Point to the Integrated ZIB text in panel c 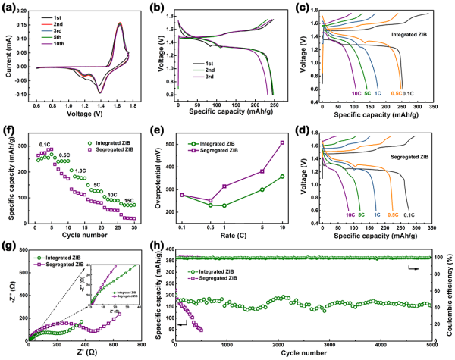pos(412,36)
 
